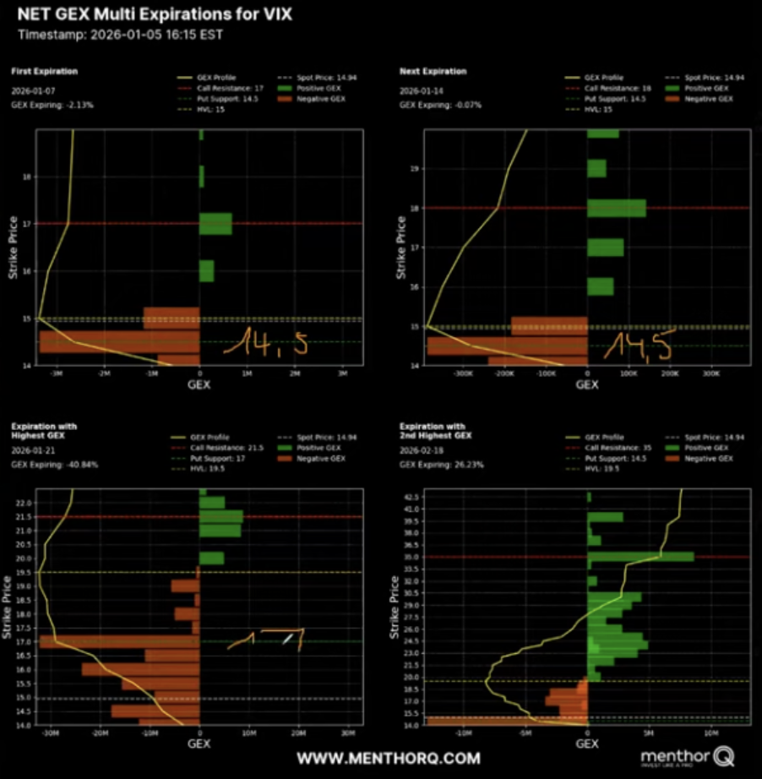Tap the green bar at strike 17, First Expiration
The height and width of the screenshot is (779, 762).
215,223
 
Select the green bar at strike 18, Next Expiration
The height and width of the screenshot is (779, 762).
616,208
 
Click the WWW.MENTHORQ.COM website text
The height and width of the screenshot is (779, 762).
388,758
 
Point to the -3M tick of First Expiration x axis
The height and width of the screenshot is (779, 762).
56,372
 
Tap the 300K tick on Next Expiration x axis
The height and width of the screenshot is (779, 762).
710,372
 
